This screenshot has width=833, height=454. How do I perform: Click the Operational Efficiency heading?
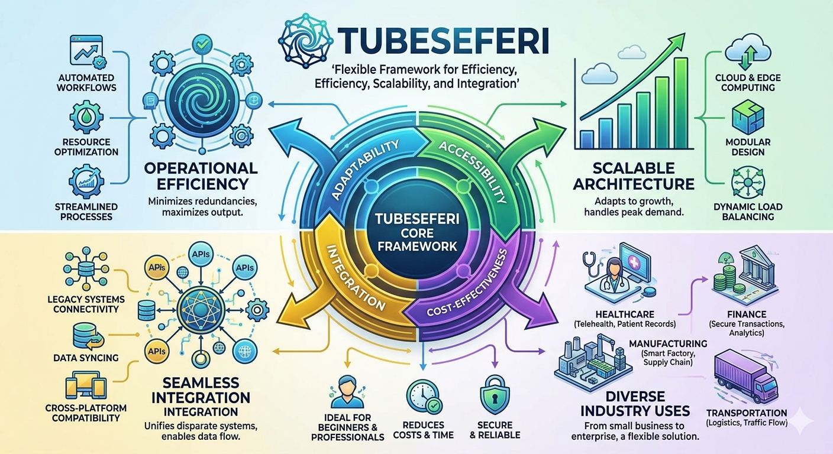click(x=201, y=176)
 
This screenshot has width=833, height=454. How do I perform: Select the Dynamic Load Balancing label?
click(x=748, y=212)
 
